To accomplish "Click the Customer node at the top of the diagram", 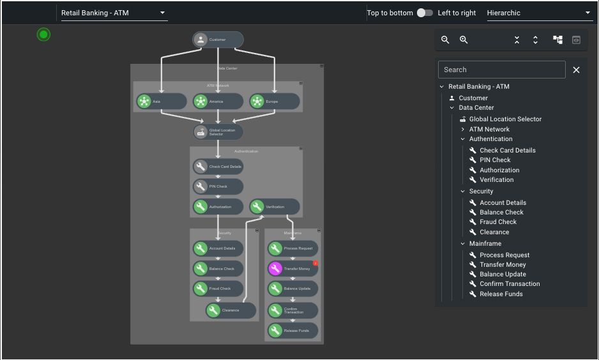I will coord(218,40).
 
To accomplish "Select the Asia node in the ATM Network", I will coord(161,101).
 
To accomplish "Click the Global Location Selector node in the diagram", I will coord(218,132).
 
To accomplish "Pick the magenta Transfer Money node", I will coord(292,269).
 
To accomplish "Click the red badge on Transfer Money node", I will coord(315,263).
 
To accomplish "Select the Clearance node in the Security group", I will coord(231,310).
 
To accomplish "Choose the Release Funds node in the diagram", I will coord(292,331).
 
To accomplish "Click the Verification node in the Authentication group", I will coord(275,207).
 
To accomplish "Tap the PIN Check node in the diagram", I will coord(218,186).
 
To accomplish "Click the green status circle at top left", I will coord(43,34).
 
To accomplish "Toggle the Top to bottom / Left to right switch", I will coord(425,13).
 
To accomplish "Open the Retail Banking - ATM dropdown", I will coord(113,13).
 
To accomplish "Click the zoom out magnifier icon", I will coord(445,40).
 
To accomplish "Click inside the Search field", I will coord(501,70).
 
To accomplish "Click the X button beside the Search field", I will coord(576,70).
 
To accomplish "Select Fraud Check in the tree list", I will coord(498,222).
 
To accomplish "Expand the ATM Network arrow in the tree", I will coord(462,129).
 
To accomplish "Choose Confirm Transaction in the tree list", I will coord(510,284).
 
